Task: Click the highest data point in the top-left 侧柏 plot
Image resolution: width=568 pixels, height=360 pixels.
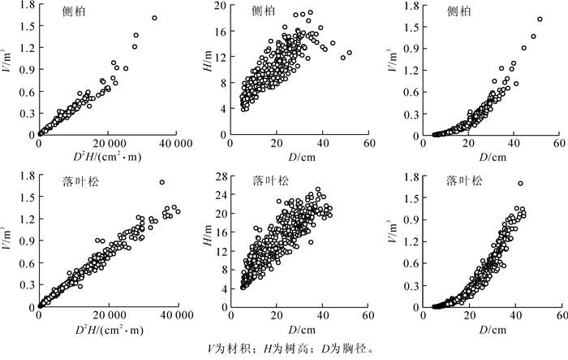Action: click(154, 18)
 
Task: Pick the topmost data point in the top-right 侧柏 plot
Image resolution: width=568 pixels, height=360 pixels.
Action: click(540, 20)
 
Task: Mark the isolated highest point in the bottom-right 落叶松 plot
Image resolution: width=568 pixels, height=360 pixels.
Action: click(520, 183)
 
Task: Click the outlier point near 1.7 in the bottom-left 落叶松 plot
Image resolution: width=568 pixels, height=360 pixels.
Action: click(161, 182)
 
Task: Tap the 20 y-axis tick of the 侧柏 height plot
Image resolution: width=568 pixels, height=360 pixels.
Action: click(220, 7)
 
